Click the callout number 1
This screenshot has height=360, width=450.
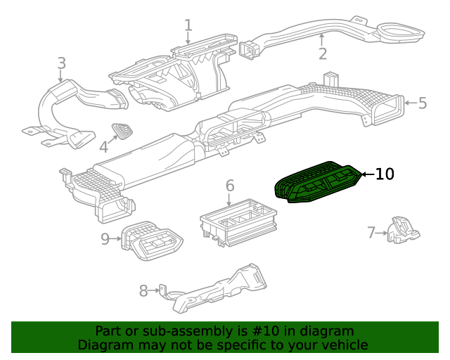pyautogui.click(x=188, y=26)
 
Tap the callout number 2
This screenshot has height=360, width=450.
pyautogui.click(x=322, y=53)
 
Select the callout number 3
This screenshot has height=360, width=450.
pyautogui.click(x=61, y=63)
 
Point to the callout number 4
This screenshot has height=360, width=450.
pyautogui.click(x=103, y=146)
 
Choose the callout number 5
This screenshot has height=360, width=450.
pyautogui.click(x=422, y=103)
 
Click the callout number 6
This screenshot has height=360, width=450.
pyautogui.click(x=229, y=186)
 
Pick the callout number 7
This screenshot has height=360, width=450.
pyautogui.click(x=371, y=232)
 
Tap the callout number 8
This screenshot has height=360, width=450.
pyautogui.click(x=143, y=290)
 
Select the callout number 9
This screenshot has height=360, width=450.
pyautogui.click(x=105, y=239)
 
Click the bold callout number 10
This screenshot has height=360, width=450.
pyautogui.click(x=385, y=174)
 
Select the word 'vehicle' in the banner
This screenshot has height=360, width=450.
pyautogui.click(x=342, y=345)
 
